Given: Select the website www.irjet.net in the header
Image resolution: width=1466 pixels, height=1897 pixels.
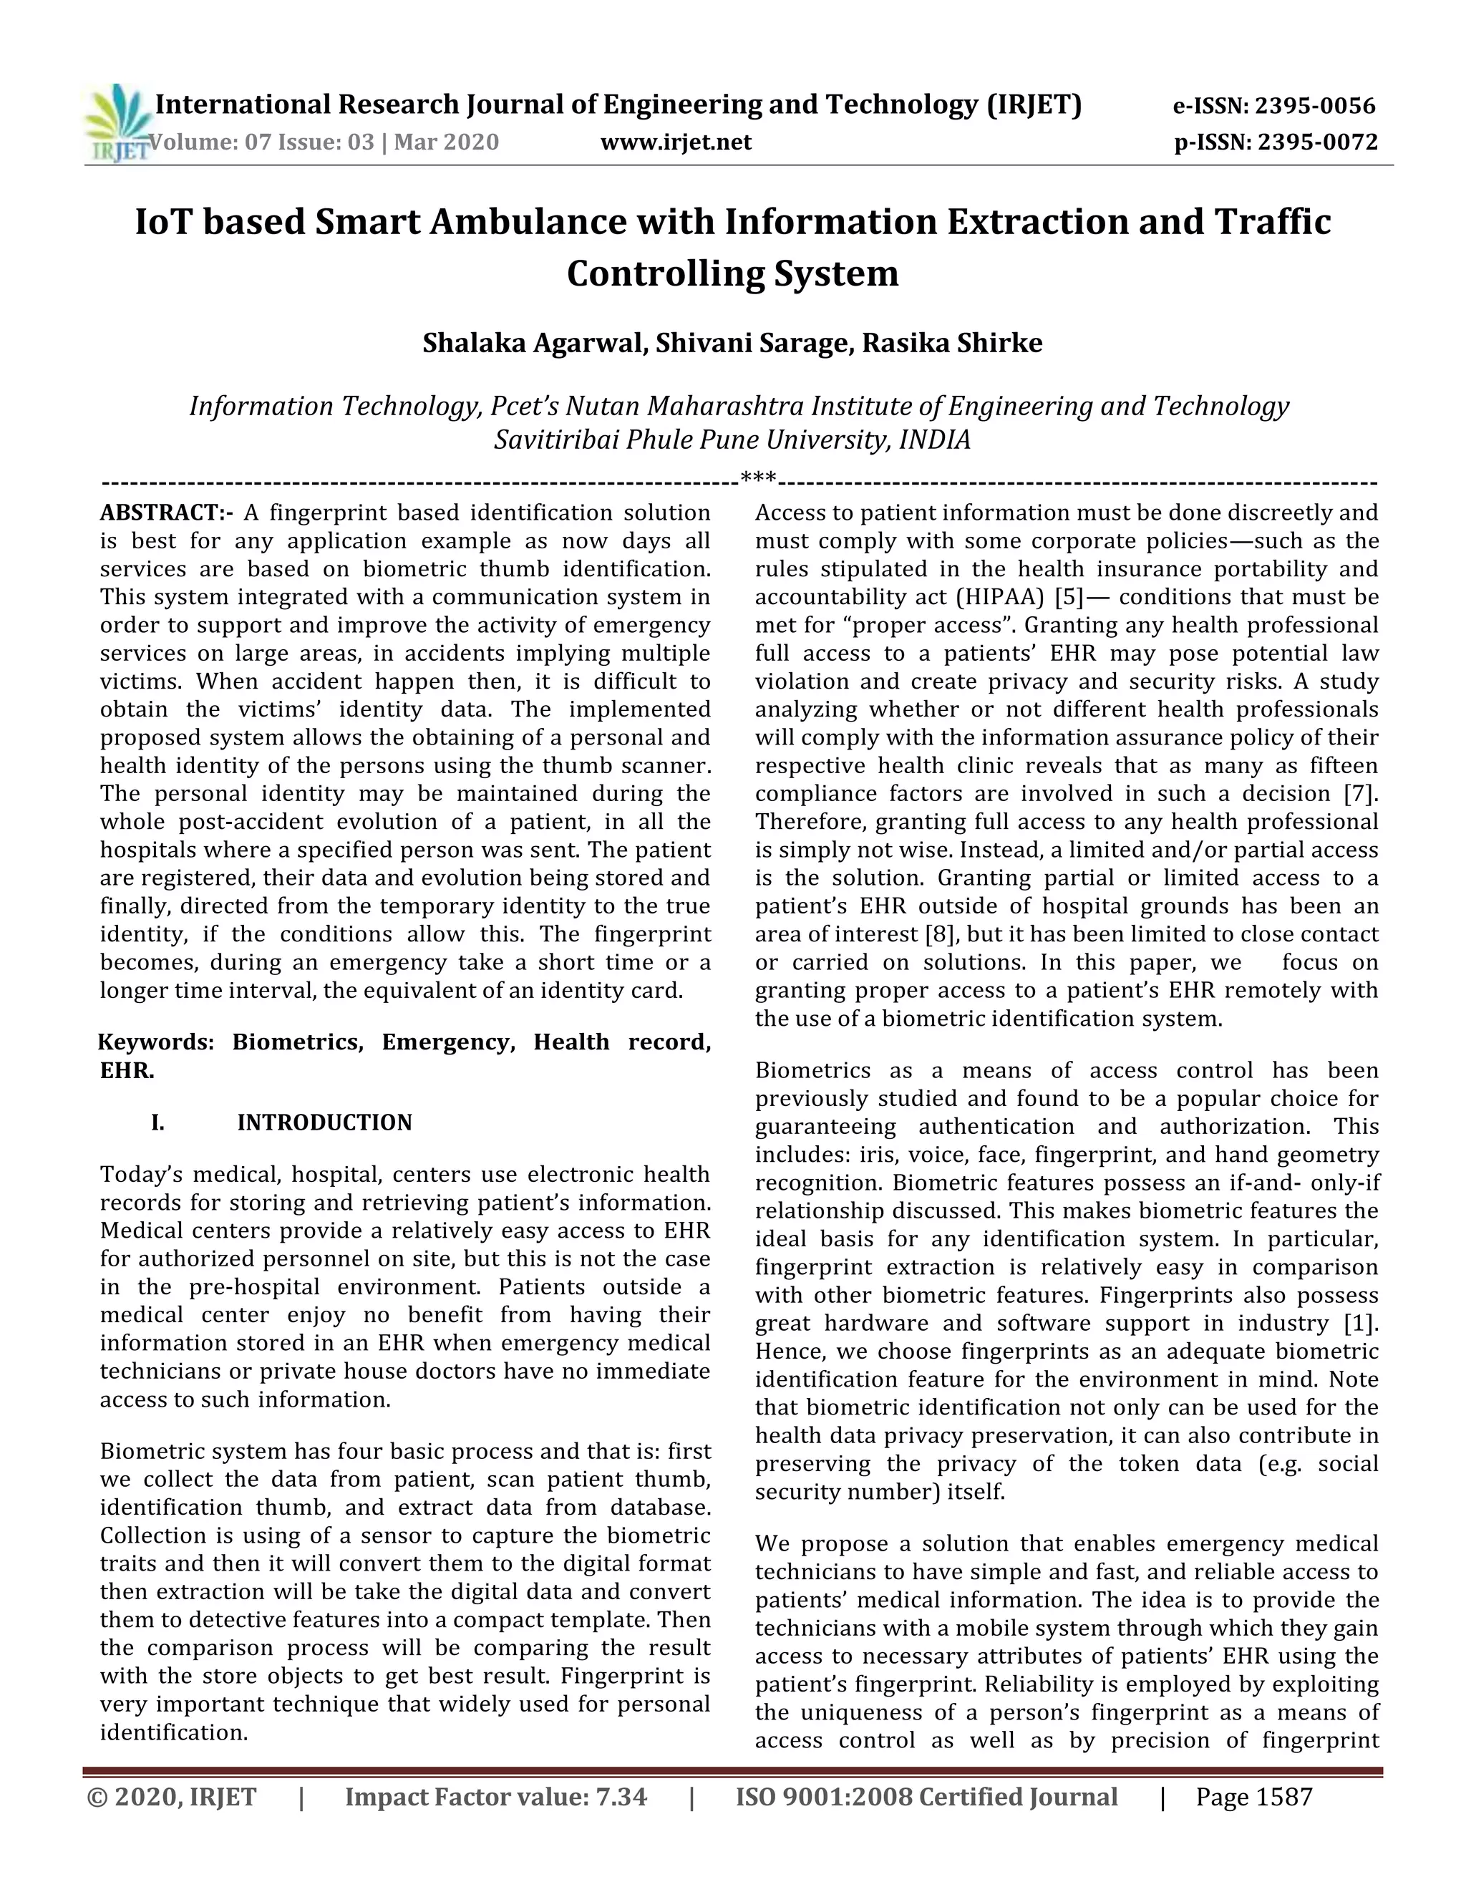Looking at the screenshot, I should tap(676, 142).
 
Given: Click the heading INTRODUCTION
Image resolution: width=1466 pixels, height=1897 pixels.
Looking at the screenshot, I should tap(325, 1122).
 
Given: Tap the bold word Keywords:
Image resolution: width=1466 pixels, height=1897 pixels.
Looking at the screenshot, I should tap(155, 1042).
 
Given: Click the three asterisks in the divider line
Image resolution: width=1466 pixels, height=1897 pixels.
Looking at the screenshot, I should tap(758, 480).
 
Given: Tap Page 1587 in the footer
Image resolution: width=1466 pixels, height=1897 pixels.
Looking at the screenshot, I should tap(1253, 1796).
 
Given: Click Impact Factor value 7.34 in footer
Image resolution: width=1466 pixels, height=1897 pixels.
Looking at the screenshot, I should tap(496, 1796).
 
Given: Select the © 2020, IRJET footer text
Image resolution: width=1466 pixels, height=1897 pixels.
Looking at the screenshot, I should tap(172, 1796).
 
